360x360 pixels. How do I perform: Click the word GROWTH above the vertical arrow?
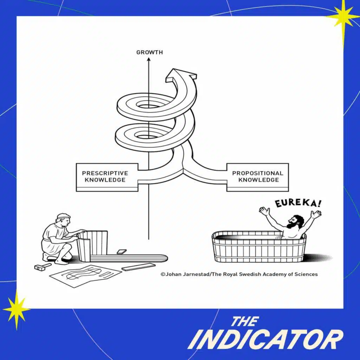[x=149, y=52]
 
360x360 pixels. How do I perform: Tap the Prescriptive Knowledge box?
[x=107, y=177]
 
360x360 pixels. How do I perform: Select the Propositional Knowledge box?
[x=258, y=177]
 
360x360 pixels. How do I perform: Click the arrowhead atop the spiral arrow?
[x=181, y=75]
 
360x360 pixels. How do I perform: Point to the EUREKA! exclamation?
[x=298, y=203]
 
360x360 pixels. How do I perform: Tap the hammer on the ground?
[x=43, y=267]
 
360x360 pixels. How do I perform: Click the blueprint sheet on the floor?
[x=85, y=275]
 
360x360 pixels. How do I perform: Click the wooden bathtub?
[x=259, y=247]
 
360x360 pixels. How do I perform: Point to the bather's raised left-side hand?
[x=264, y=211]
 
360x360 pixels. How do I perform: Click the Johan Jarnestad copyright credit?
[x=239, y=274]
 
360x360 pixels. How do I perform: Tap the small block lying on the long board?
[x=121, y=252]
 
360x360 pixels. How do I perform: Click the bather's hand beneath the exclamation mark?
[x=316, y=213]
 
